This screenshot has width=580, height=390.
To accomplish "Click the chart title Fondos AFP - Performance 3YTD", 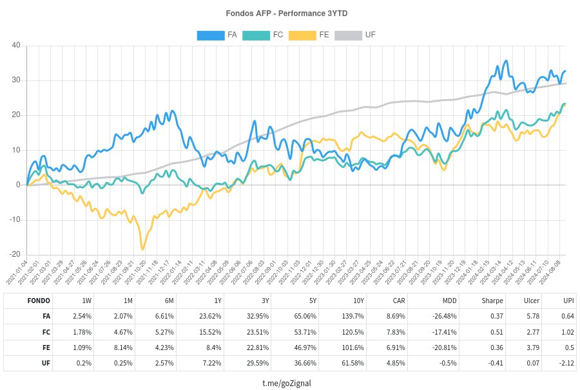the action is point(287,14).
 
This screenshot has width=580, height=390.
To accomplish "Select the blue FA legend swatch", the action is point(211,35).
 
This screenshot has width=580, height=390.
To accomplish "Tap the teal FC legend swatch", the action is point(256,35).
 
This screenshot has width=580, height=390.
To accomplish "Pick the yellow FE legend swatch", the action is point(302,35).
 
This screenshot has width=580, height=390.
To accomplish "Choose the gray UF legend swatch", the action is point(348,35).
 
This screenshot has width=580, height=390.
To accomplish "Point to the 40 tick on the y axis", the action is point(16,46).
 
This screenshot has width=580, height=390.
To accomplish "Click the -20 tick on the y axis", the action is point(15,254).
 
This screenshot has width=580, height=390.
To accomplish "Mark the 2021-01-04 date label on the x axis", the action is point(17,273).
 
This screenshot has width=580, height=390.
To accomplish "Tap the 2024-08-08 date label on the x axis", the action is point(550,273).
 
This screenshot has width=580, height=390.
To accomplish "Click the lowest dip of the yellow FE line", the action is point(142,249).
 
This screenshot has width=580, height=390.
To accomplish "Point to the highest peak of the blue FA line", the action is point(507,61).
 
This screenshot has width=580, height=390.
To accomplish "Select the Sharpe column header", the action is point(492,301).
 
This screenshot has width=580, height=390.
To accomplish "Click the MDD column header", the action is point(449,301).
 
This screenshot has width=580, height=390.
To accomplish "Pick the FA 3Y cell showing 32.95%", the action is point(257,317).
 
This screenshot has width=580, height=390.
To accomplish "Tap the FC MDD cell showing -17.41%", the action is point(445,332).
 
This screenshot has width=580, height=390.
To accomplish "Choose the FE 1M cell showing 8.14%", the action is point(123,348).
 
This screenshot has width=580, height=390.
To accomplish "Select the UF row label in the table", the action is point(46,363).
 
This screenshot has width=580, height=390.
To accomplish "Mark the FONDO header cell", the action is point(39,301).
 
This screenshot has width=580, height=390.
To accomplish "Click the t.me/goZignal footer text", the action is point(287,384).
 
